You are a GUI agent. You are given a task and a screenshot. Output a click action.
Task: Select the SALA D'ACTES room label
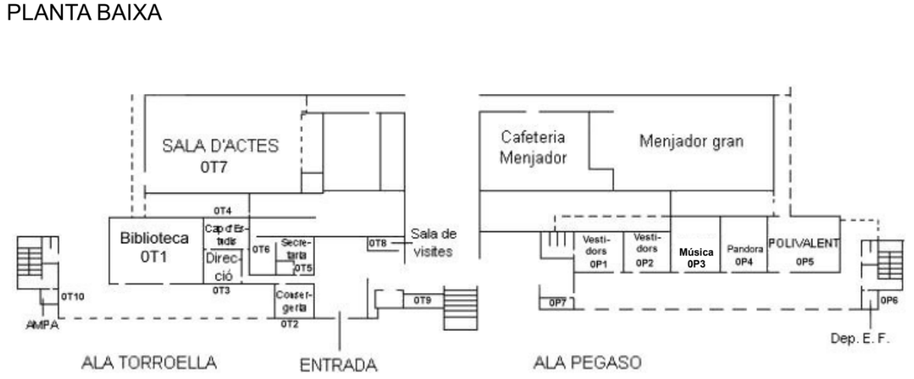(221, 147)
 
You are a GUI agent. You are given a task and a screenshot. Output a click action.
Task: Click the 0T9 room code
(422, 300)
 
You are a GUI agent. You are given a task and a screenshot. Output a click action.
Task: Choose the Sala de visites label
(433, 242)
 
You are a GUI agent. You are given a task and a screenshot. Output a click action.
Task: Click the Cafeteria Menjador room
(534, 146)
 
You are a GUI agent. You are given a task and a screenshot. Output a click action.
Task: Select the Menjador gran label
(691, 142)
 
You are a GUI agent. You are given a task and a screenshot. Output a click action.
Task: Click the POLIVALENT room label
(803, 241)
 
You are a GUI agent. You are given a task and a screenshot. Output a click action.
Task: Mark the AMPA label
(38, 324)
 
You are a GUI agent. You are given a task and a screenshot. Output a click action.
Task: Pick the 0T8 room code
(377, 243)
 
